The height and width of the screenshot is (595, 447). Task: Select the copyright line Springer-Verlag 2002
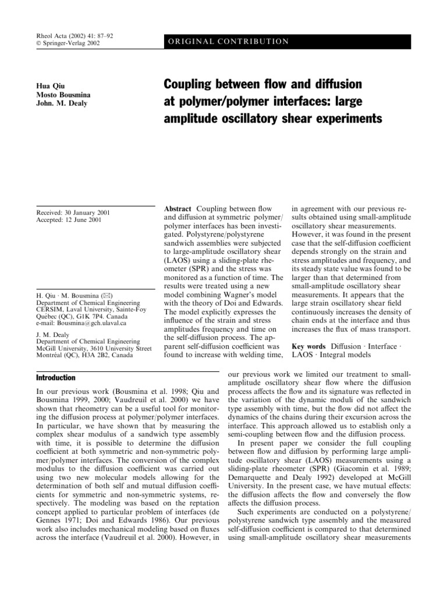(x=68, y=44)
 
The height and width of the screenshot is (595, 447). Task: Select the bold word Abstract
(x=180, y=209)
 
